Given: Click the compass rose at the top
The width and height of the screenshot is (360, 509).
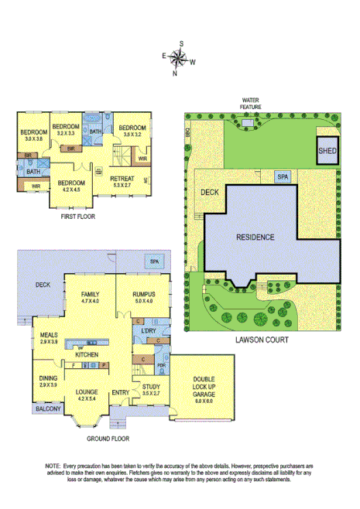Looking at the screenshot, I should pos(179,58).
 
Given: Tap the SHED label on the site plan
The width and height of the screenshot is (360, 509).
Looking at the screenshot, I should pos(327,151).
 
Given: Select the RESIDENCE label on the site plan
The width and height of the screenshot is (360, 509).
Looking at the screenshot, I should pos(255,237).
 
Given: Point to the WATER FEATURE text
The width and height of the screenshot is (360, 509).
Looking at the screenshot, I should pos(249,104).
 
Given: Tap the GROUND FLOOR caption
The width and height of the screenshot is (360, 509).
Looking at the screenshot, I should pos(108,438).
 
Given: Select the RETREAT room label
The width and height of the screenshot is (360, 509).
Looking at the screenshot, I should pos(123,179).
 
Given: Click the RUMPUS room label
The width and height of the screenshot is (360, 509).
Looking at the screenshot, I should pos(143,294).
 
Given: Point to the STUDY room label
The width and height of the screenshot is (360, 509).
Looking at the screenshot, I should pos(151,388).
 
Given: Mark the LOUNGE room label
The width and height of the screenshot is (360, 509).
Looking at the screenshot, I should pos(86,392).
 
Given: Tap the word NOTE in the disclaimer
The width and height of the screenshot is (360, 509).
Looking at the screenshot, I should pos(53,466).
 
